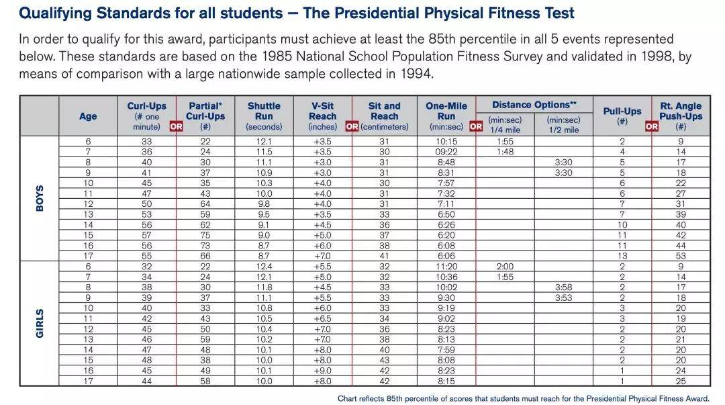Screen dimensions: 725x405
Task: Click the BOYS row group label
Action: [40, 199]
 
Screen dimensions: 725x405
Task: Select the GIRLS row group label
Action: [40, 324]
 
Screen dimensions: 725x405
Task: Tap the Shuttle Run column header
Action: [264, 116]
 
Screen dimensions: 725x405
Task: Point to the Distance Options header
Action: [534, 105]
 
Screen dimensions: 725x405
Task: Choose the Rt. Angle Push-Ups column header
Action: [681, 116]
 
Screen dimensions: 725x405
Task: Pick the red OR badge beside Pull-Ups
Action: [651, 126]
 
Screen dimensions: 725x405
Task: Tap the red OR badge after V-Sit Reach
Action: [352, 126]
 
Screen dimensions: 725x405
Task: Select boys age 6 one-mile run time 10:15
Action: [446, 142]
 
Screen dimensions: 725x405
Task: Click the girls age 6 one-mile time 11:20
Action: [446, 267]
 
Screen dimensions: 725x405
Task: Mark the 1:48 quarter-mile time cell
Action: [505, 152]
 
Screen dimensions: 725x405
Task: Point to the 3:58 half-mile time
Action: [564, 287]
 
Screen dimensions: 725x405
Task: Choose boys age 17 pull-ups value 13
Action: [622, 256]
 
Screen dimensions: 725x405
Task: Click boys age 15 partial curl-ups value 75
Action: [205, 235]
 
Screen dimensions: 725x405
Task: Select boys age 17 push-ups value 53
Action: [681, 256]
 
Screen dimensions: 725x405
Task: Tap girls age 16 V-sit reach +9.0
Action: [323, 371]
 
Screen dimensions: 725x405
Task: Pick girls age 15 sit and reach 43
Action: [384, 360]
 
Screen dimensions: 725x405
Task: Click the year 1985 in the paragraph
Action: [277, 56]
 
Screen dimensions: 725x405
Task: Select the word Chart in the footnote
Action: [347, 398]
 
